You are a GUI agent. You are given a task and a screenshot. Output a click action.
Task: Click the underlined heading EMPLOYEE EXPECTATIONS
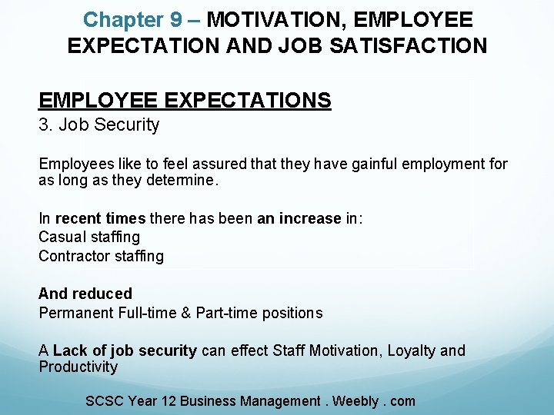185,101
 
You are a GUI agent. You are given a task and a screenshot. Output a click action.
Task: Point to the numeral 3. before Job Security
45,125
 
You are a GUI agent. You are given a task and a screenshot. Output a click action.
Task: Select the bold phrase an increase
299,219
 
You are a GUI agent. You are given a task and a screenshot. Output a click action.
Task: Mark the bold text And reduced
85,294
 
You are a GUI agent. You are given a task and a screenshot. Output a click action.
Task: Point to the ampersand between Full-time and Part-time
185,313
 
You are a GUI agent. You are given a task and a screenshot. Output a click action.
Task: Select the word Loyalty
412,351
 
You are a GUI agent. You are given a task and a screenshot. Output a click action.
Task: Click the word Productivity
78,367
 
